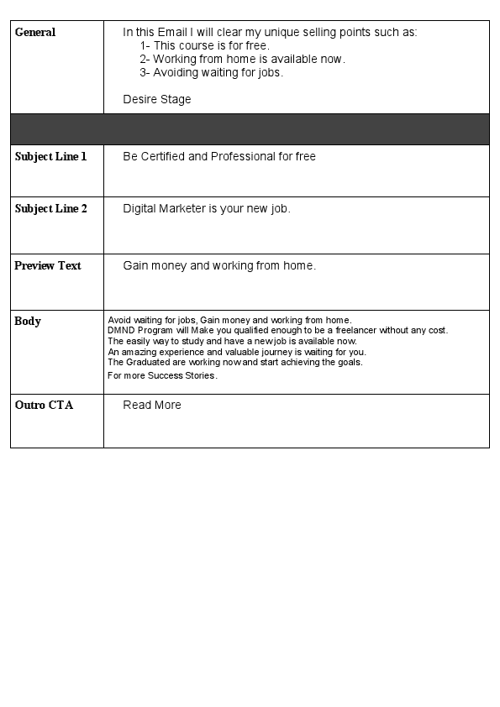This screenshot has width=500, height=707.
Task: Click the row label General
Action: pos(35,33)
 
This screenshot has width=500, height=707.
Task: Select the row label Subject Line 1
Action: pos(50,157)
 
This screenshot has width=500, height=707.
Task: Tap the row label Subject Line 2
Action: pos(50,209)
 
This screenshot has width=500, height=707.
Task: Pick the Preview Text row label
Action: pos(48,266)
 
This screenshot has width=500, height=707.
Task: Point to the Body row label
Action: pos(28,322)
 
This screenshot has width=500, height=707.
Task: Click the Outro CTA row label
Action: pos(44,406)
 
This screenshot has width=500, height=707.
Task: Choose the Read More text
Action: pos(152,406)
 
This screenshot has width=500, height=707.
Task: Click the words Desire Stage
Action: pos(157,100)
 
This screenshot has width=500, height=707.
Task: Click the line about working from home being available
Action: pos(242,60)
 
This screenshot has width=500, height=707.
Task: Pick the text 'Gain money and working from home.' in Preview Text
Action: pos(219,266)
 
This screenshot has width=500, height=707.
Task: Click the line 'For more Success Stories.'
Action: pos(162,376)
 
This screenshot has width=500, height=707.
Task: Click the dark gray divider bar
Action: pos(250,129)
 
